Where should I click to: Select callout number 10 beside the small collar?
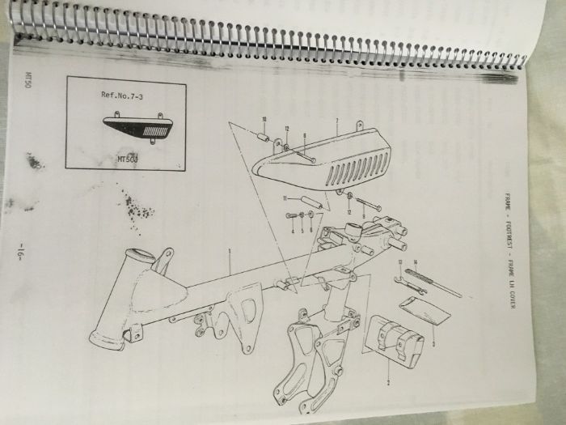[x=264, y=120]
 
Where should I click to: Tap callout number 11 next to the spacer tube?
[x=284, y=198]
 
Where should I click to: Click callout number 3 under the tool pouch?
[x=433, y=343]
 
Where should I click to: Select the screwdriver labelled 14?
[x=433, y=280]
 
